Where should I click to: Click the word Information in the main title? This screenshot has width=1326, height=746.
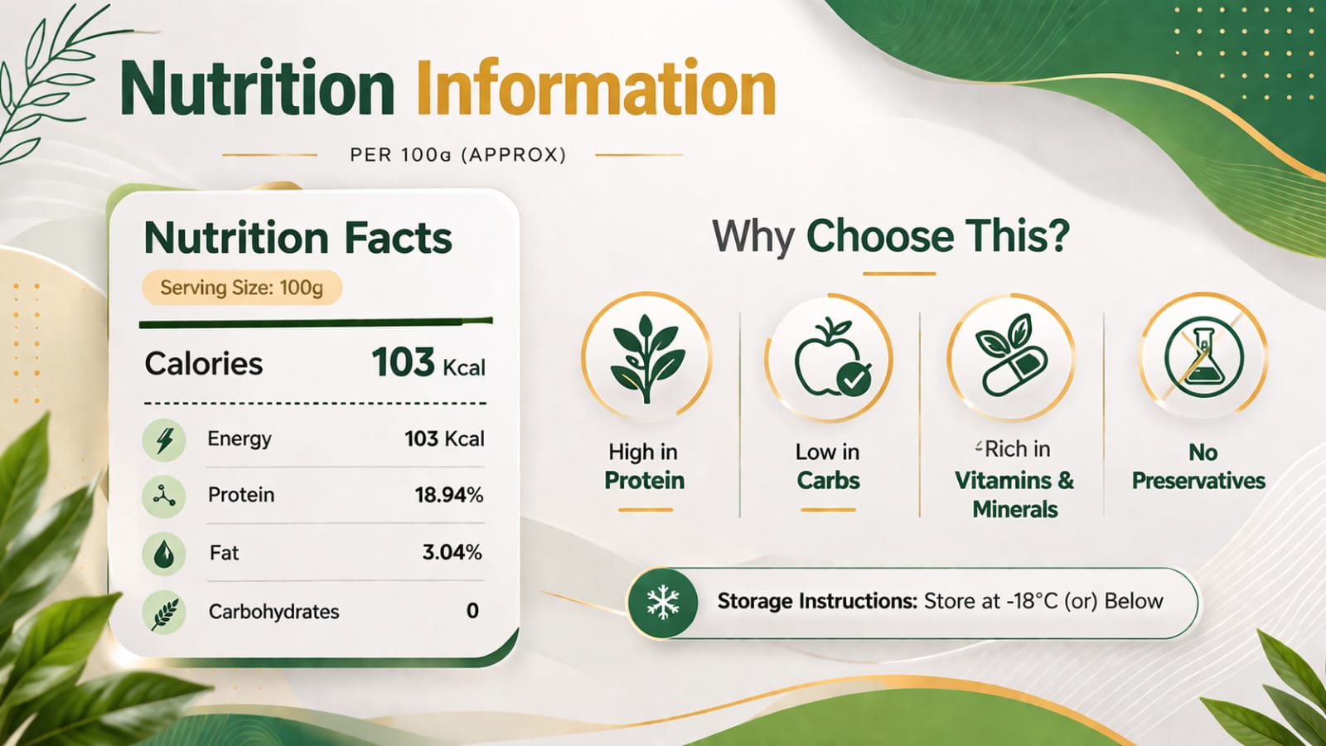596,88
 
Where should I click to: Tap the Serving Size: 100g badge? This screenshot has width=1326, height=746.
241,288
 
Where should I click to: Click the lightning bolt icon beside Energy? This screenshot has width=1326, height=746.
164,440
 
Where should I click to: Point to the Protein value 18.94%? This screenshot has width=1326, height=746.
448,494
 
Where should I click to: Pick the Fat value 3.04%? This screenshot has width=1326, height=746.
452,552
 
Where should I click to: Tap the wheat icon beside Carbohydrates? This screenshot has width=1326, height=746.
164,613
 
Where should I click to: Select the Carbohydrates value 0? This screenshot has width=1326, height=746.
472,610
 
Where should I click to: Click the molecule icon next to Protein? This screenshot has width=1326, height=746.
164,497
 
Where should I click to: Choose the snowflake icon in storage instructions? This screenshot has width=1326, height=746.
663,603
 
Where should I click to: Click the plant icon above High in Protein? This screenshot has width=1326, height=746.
646,359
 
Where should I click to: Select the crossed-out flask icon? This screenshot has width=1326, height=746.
1203,357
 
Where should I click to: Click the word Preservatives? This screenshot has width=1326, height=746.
1198,481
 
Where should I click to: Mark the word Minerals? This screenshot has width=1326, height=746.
1014,509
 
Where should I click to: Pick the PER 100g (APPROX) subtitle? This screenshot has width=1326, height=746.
457,155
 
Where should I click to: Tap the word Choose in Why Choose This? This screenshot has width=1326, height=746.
880,237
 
